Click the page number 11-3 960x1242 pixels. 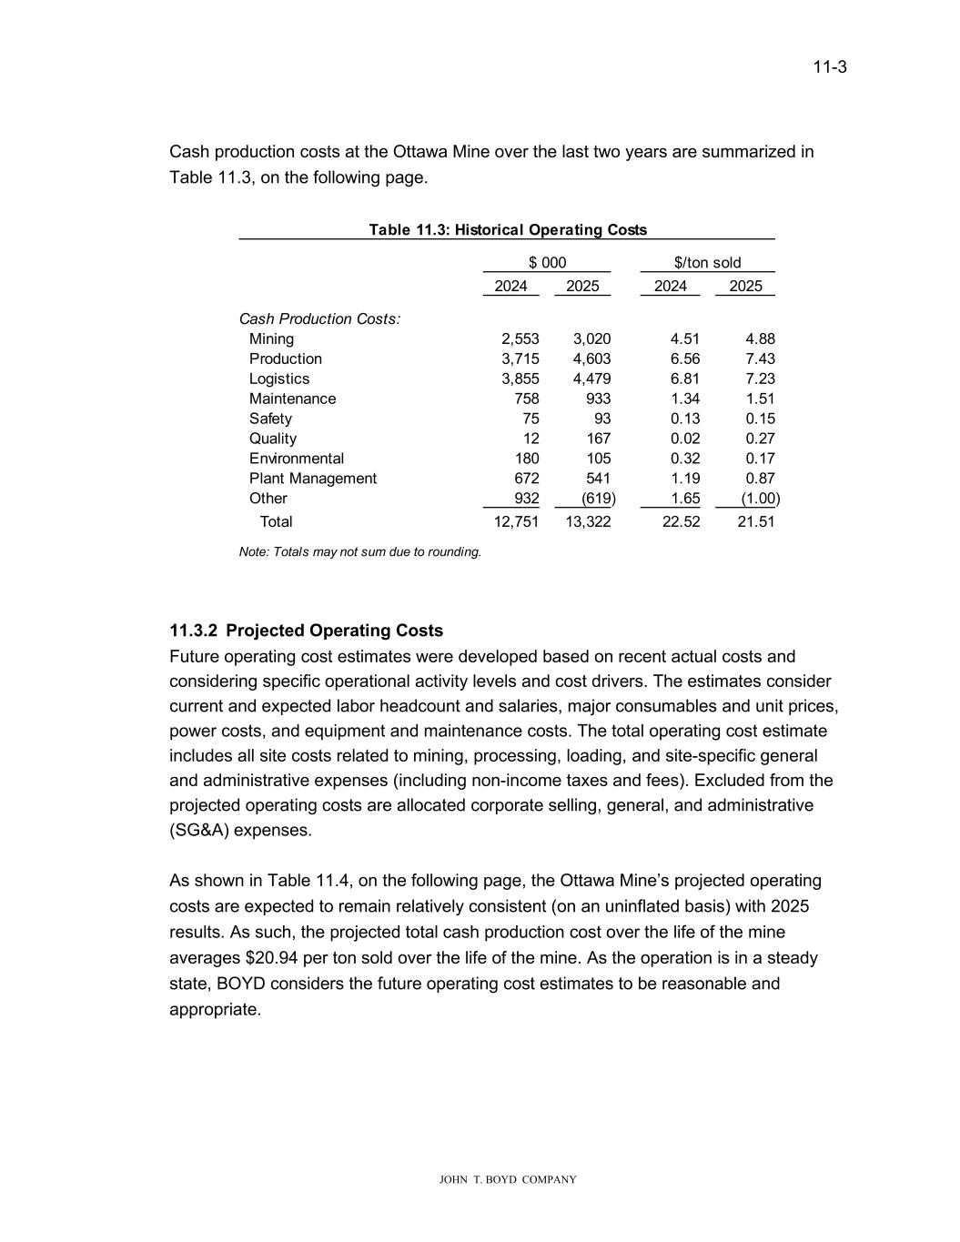click(830, 67)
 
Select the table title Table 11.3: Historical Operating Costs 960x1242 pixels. click(508, 230)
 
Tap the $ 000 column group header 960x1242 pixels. click(547, 263)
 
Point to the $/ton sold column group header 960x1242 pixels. click(707, 263)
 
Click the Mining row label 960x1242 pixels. click(271, 339)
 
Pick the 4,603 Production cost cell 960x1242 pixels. click(591, 359)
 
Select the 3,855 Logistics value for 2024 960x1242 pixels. click(520, 379)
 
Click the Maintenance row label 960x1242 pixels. click(292, 399)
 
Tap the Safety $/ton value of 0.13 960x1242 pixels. click(684, 419)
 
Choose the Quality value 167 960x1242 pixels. click(598, 439)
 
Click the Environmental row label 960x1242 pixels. click(297, 459)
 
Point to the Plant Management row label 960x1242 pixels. click(312, 480)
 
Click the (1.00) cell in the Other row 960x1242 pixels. click(759, 499)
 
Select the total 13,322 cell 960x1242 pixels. click(588, 522)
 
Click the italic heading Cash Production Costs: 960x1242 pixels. click(319, 319)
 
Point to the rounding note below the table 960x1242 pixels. click(359, 552)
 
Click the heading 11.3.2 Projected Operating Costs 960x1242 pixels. click(306, 631)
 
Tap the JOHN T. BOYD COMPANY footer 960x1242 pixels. click(508, 1180)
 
